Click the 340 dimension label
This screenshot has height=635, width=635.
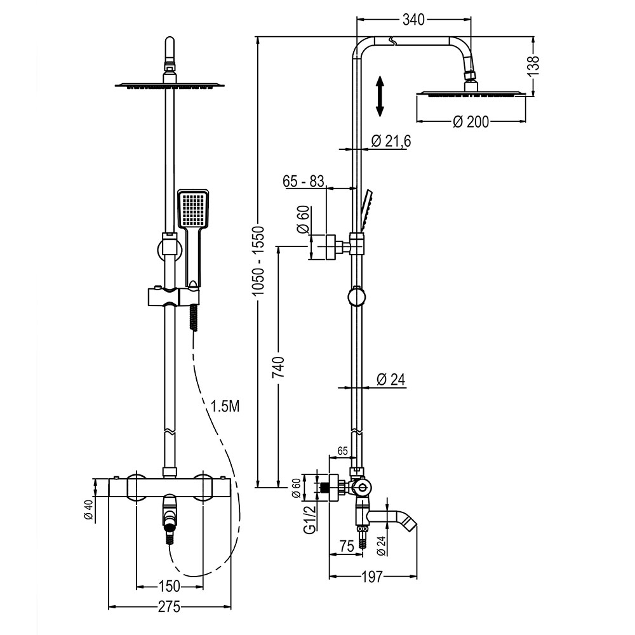pyautogui.click(x=413, y=20)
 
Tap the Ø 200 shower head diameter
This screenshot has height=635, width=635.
pyautogui.click(x=471, y=121)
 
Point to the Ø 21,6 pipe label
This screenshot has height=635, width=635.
pyautogui.click(x=390, y=141)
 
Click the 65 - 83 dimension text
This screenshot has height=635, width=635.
pyautogui.click(x=304, y=181)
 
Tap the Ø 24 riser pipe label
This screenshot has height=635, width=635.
pyautogui.click(x=391, y=379)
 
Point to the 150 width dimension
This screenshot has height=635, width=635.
pyautogui.click(x=168, y=585)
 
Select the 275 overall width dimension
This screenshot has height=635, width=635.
pyautogui.click(x=169, y=606)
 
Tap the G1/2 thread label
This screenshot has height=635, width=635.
pyautogui.click(x=310, y=519)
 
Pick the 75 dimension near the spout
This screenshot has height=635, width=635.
pyautogui.click(x=347, y=545)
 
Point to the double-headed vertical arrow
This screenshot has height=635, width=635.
pyautogui.click(x=379, y=96)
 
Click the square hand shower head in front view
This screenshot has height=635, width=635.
pyautogui.click(x=192, y=209)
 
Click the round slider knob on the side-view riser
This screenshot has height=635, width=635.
pyautogui.click(x=358, y=297)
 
